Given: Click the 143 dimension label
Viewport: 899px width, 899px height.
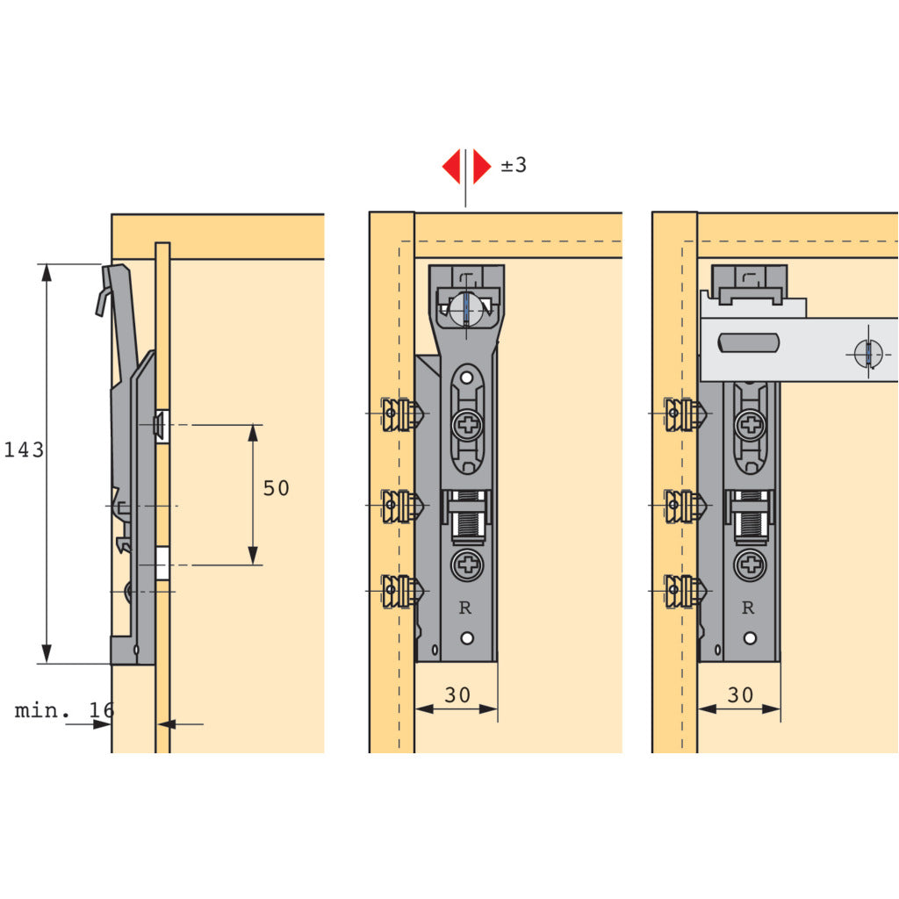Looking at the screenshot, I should tap(24, 450).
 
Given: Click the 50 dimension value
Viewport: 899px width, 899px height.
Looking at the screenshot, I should tap(276, 489).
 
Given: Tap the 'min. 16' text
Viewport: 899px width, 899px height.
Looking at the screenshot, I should tap(63, 710).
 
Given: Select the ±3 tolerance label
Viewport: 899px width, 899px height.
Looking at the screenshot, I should tap(514, 165).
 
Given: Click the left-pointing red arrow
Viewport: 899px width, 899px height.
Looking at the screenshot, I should tap(451, 166).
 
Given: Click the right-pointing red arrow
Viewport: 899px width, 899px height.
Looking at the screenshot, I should tap(481, 166).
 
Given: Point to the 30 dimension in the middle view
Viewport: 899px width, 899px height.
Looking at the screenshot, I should tap(457, 695).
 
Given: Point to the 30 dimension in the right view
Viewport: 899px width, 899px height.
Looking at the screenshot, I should tap(740, 695).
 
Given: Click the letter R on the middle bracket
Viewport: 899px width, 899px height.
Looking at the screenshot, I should tap(466, 608).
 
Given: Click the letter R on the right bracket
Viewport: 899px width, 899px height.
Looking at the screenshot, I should tap(748, 608).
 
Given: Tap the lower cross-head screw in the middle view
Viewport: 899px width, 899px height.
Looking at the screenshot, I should tap(467, 565).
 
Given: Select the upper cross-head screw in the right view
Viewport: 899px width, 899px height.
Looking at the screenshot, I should tap(750, 428).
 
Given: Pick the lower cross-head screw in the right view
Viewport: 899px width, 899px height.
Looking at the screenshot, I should tap(751, 565).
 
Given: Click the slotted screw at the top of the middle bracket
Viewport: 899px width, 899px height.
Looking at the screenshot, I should tap(466, 308).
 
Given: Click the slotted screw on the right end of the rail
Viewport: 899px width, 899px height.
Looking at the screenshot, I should tap(867, 354).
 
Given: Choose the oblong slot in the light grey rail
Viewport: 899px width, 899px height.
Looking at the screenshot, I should tap(748, 342).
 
